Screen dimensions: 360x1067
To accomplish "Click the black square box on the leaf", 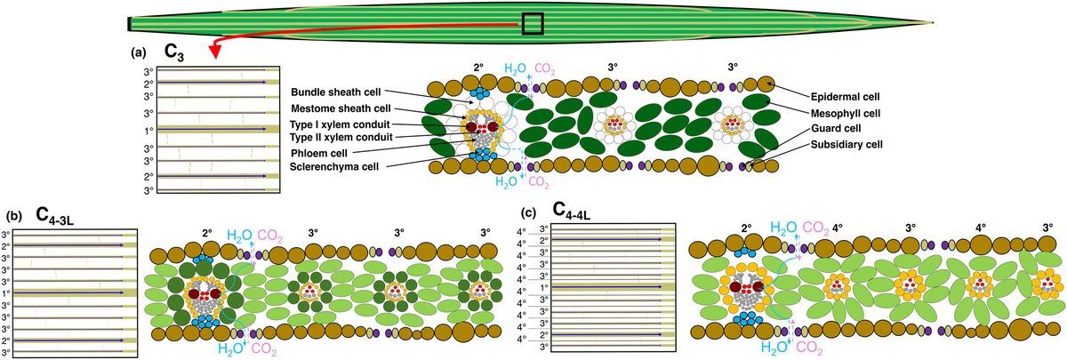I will [x=533, y=23].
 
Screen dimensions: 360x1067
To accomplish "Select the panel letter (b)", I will [x=13, y=216].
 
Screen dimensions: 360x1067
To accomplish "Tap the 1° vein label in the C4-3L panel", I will [x=7, y=291].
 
